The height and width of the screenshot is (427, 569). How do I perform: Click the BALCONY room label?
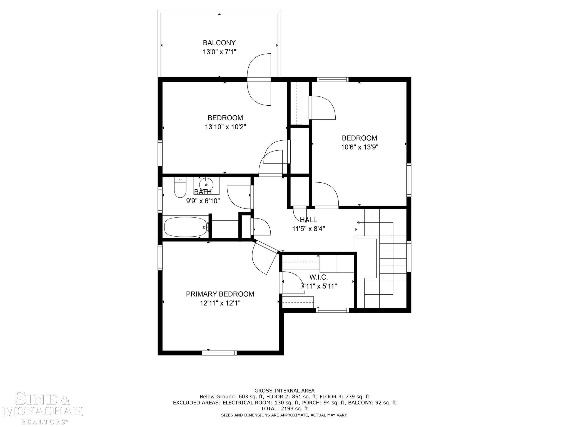pos(219,43)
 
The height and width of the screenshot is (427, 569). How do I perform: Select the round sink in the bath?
pos(206,184)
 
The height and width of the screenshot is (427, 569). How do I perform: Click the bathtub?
pos(186,227)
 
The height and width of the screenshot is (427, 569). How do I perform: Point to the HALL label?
pos(308,220)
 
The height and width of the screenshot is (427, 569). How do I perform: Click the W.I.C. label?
pos(319,277)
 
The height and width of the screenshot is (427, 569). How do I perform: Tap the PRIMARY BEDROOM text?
pos(220,294)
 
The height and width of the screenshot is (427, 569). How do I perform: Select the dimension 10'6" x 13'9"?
pos(360,147)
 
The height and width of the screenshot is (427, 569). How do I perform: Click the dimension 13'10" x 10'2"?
pos(225,127)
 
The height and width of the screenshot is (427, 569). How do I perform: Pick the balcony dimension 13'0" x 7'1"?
pos(219,52)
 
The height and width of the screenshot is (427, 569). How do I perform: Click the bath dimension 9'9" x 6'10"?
pos(203,201)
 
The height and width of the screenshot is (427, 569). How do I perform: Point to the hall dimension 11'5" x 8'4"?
pos(308,229)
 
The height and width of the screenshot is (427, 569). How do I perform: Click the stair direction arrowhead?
pos(358,222)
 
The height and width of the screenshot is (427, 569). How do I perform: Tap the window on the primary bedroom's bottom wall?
pos(219,353)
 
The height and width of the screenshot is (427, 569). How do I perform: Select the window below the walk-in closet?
pos(332,310)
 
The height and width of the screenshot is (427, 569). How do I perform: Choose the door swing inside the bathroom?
pos(239,197)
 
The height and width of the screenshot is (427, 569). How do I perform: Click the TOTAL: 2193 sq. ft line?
pos(284,409)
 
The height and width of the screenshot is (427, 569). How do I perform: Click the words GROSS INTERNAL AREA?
pos(284,391)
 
